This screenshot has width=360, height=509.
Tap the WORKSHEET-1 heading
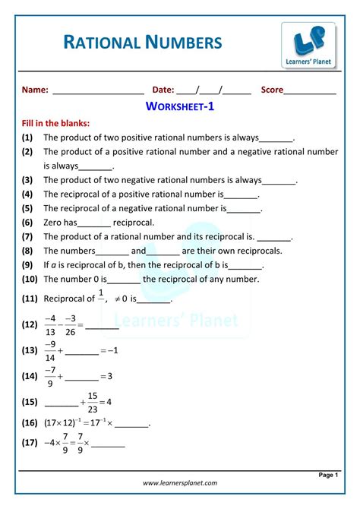pyautogui.click(x=180, y=107)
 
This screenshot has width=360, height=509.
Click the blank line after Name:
pyautogui.click(x=98, y=91)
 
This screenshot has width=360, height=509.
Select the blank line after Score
pyautogui.click(x=310, y=91)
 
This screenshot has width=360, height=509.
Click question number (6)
pyautogui.click(x=27, y=223)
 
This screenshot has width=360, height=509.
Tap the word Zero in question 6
pyautogui.click(x=53, y=223)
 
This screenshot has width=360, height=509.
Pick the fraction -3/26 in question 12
pyautogui.click(x=71, y=324)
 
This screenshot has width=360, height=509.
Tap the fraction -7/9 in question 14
pyautogui.click(x=51, y=375)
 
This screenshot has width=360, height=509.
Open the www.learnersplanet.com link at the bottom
pyautogui.click(x=179, y=482)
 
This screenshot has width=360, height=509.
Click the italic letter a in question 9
pyautogui.click(x=55, y=265)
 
